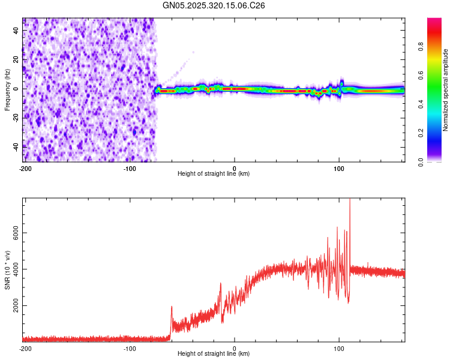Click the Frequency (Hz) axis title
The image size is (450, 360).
pyautogui.click(x=7, y=90)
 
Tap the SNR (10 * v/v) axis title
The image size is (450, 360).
pyautogui.click(x=7, y=269)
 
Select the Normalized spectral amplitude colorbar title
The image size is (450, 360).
pyautogui.click(x=446, y=90)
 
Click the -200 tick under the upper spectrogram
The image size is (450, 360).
pyautogui.click(x=25, y=167)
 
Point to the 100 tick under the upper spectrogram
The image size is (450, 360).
pyautogui.click(x=339, y=167)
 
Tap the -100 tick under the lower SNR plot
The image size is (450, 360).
pyautogui.click(x=129, y=348)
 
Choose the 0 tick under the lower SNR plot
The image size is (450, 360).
pyautogui.click(x=235, y=348)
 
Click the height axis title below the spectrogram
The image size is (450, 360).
pyautogui.click(x=214, y=174)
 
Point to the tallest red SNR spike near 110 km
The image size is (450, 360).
pyautogui.click(x=350, y=202)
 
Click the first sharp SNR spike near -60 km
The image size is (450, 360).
pyautogui.click(x=172, y=307)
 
